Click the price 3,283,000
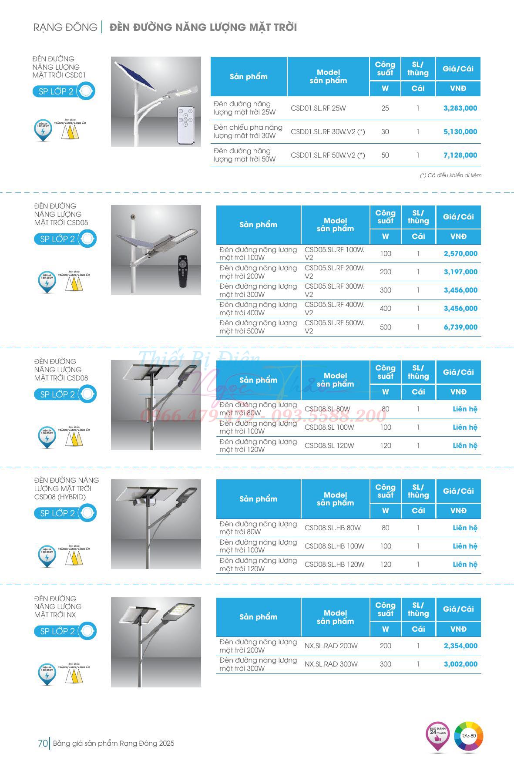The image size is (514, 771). coord(460,108)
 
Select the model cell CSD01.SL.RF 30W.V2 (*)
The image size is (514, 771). coord(328,131)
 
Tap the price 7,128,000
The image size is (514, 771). coord(460,155)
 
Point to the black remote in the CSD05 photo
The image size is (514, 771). coord(183,271)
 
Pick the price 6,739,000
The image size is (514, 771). coord(460,327)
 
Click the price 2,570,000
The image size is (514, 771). coord(460,253)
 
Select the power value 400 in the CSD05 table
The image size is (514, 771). coord(386,308)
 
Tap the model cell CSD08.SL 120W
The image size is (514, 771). coord(329,445)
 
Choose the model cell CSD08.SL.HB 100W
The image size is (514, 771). coord(334,546)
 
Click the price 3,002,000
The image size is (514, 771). coord(460,664)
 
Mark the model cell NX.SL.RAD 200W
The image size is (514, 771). coord(331,646)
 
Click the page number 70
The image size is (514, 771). coord(43,743)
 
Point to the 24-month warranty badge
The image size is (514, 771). coord(437,736)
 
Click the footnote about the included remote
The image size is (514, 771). coord(450,175)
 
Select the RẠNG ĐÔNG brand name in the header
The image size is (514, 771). coord(65,27)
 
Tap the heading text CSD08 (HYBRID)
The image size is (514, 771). coord(60,497)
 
